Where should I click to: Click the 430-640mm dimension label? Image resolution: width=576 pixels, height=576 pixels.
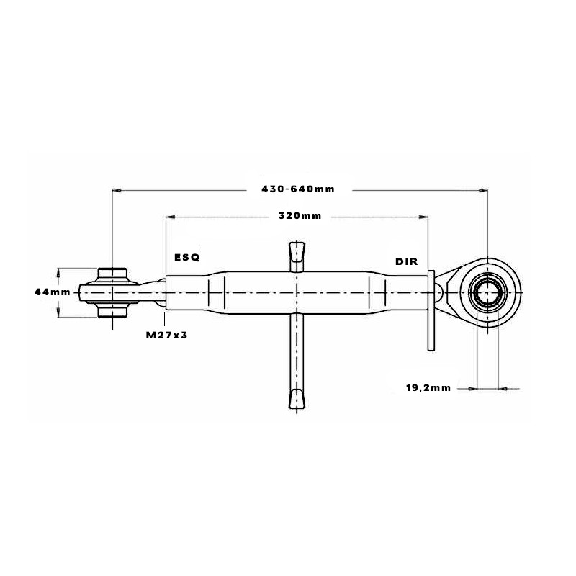tap(298, 189)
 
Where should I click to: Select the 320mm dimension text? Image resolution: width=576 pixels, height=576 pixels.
tap(300, 215)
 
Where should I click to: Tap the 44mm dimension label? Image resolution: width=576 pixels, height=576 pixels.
tap(52, 292)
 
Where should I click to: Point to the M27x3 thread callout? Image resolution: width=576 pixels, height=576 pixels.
tap(167, 335)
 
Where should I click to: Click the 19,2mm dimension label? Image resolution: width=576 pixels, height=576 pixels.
tap(428, 388)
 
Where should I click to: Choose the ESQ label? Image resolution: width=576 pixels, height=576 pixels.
tap(187, 257)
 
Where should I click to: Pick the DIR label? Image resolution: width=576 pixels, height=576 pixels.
tap(406, 261)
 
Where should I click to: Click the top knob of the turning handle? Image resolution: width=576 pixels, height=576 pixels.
tap(297, 251)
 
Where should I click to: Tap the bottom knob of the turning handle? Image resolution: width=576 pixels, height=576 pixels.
tap(297, 399)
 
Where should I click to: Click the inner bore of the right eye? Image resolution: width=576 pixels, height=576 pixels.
tap(487, 292)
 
